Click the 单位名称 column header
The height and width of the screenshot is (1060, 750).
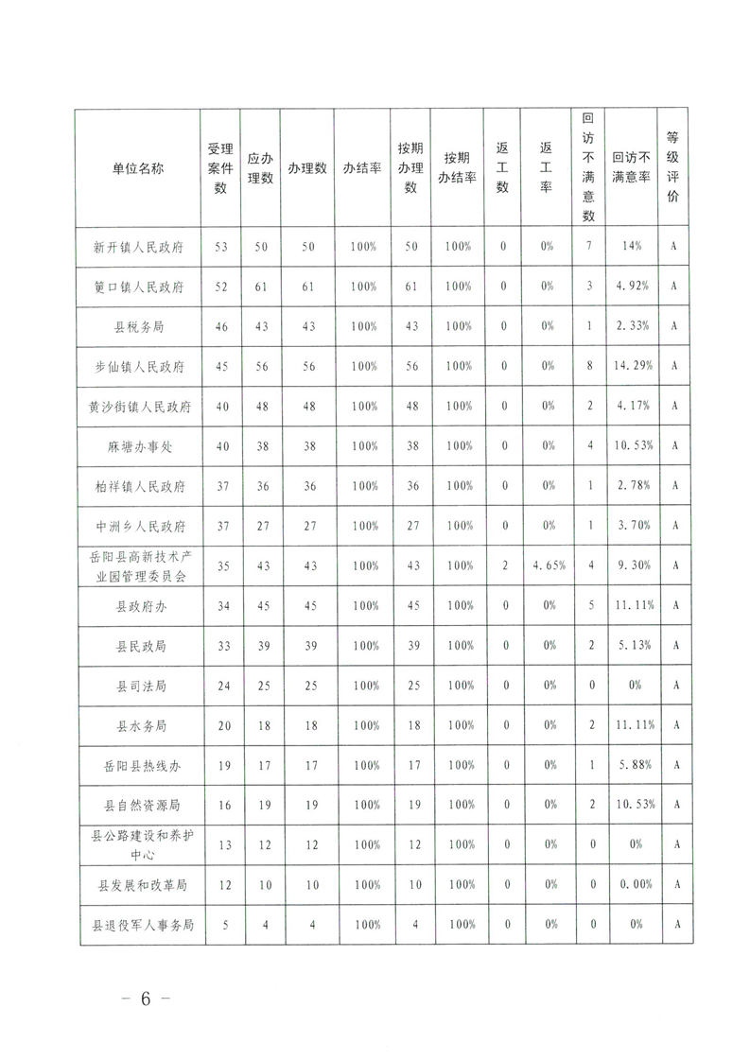pyautogui.click(x=138, y=168)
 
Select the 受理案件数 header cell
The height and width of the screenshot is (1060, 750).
pyautogui.click(x=220, y=168)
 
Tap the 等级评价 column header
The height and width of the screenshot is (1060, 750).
pyautogui.click(x=672, y=168)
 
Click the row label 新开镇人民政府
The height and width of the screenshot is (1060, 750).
pyautogui.click(x=138, y=247)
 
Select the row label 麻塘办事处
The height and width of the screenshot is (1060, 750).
pyautogui.click(x=138, y=445)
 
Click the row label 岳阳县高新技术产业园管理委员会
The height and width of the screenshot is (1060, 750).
pyautogui.click(x=138, y=565)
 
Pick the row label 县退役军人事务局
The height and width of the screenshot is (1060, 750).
pyautogui.click(x=138, y=926)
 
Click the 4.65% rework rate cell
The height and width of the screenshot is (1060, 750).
pyautogui.click(x=547, y=565)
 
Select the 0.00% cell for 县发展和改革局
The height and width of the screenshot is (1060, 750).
pyautogui.click(x=631, y=886)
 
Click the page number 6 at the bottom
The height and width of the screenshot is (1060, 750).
pyautogui.click(x=146, y=1000)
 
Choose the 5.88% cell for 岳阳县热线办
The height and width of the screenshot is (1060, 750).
pyautogui.click(x=631, y=766)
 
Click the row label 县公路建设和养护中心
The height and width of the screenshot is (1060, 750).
pyautogui.click(x=138, y=845)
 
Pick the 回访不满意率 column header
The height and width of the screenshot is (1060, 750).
pyautogui.click(x=631, y=168)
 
